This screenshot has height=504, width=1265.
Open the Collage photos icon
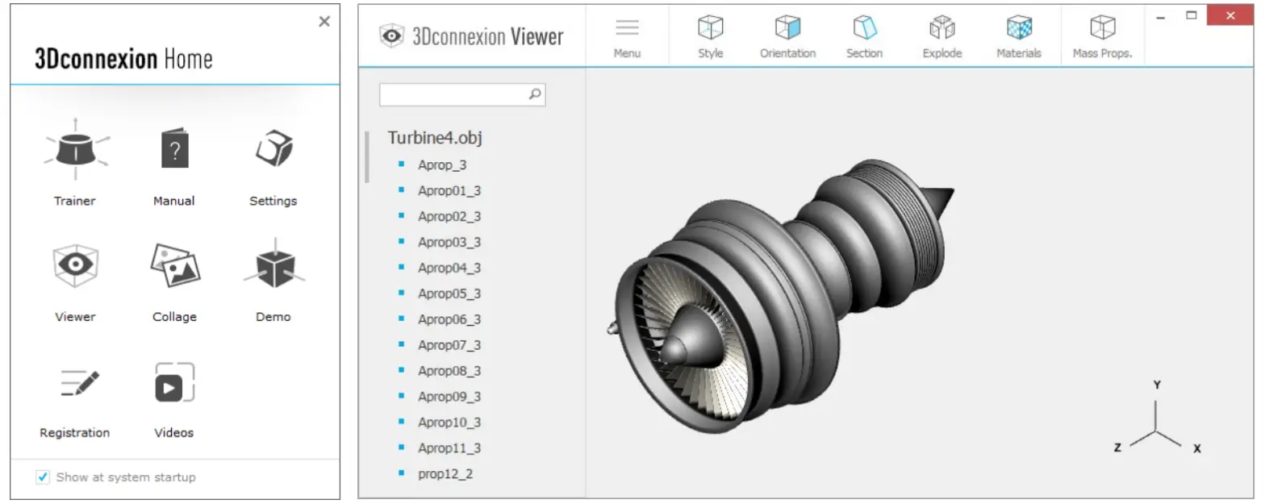(174, 265)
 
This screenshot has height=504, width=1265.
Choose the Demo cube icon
(273, 265)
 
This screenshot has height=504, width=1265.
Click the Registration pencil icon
(78, 383)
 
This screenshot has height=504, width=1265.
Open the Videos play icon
(174, 383)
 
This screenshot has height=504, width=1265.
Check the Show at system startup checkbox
(43, 477)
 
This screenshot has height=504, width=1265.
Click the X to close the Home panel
(324, 22)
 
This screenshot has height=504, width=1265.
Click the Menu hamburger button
(627, 29)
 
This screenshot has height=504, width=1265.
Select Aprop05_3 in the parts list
(449, 294)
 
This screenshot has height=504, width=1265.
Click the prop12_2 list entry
(445, 473)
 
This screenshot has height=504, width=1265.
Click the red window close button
(1230, 15)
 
